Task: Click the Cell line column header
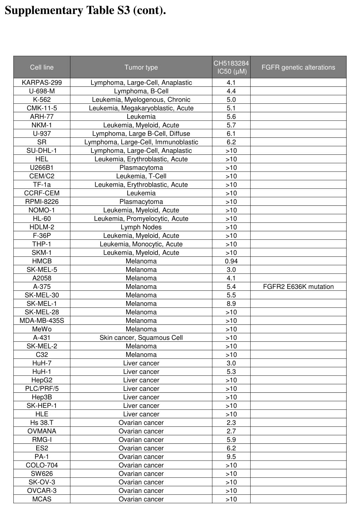[42, 67]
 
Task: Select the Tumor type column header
[141, 67]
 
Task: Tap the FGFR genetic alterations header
[298, 67]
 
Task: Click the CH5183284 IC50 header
[231, 67]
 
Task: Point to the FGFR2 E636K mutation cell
[298, 287]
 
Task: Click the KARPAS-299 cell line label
[42, 83]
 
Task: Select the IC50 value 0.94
[231, 261]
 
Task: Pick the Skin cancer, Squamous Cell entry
[141, 338]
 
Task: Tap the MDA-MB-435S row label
[42, 320]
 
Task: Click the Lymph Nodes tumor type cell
[141, 227]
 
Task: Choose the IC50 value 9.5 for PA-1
[231, 456]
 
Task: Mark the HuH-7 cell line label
[42, 363]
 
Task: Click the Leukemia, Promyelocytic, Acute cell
[141, 218]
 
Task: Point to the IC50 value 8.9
[231, 303]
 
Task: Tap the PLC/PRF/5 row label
[42, 389]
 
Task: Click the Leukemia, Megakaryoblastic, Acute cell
[141, 108]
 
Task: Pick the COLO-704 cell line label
[42, 465]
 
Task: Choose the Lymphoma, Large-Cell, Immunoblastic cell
[141, 142]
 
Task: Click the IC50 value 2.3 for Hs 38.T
[231, 422]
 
